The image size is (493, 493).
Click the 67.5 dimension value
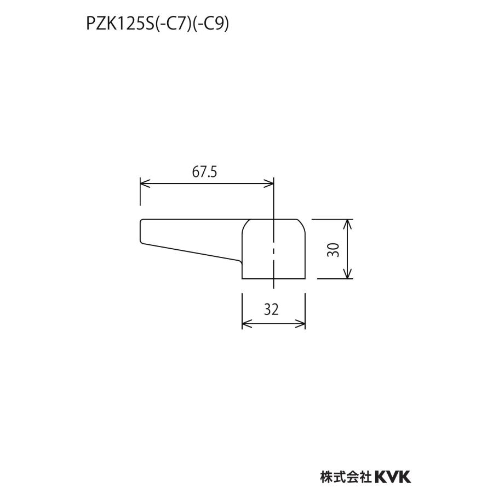(205, 172)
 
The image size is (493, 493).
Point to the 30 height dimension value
(335, 249)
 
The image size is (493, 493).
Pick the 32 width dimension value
(271, 309)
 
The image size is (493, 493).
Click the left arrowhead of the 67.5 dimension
(144, 184)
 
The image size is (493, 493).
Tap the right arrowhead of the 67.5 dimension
(270, 184)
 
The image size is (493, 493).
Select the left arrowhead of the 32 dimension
(245, 324)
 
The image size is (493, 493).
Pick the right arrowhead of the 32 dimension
(302, 324)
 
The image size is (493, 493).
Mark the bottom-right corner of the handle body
(305, 279)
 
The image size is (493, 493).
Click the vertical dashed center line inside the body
(273, 249)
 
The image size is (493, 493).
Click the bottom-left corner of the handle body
(242, 279)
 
